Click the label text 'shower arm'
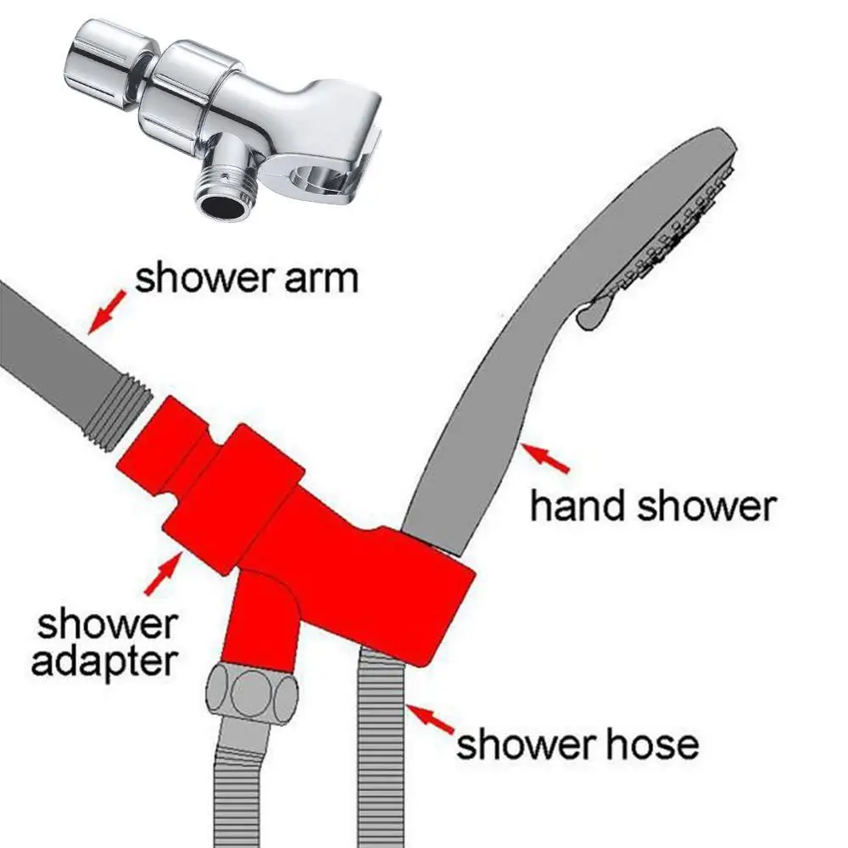pos(246,277)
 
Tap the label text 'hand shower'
pos(651,506)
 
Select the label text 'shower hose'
pos(577,744)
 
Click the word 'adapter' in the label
pos(104,661)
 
